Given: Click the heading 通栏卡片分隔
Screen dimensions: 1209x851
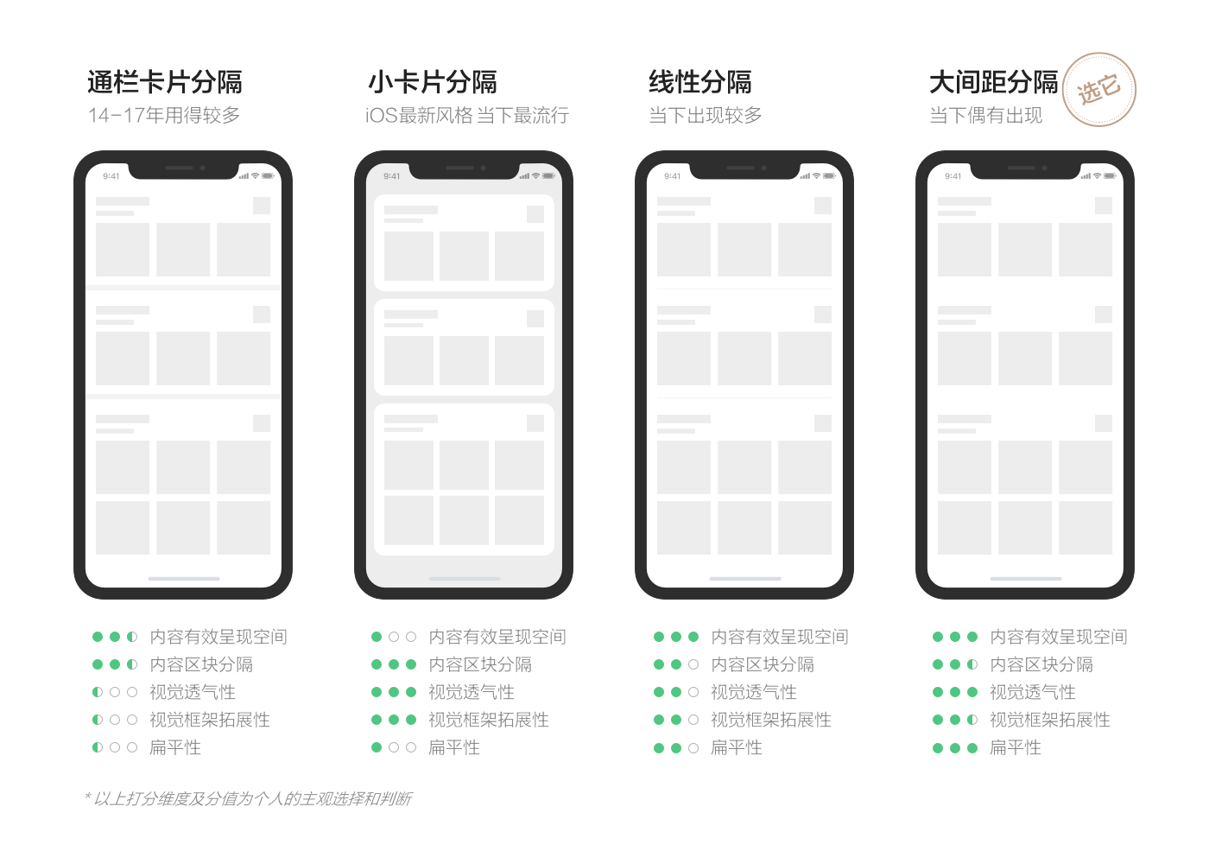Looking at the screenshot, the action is (x=165, y=82).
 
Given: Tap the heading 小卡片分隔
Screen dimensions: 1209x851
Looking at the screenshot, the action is (x=433, y=82).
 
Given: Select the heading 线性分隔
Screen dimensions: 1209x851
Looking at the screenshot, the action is (x=700, y=82).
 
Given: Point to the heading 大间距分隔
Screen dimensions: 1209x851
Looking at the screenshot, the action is (x=994, y=82).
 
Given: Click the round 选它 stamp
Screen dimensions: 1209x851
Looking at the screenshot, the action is (x=1098, y=90).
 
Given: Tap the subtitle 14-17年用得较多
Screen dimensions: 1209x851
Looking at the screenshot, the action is (x=164, y=115).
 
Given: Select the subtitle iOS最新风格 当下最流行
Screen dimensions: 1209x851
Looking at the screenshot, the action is (x=467, y=115).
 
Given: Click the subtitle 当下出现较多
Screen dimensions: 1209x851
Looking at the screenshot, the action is (x=705, y=115).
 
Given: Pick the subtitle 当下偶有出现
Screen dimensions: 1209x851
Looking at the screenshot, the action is (x=985, y=115).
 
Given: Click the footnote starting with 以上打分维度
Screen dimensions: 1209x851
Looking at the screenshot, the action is (x=249, y=798).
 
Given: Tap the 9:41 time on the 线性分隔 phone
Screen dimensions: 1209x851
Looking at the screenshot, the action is (x=672, y=176).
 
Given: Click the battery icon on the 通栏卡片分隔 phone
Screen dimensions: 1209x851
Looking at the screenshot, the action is (x=269, y=176).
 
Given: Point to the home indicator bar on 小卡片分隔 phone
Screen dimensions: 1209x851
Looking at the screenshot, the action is (x=465, y=579).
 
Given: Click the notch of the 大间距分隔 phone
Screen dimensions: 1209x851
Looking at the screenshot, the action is (x=1025, y=169).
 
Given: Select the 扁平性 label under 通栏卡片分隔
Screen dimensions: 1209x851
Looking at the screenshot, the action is (x=174, y=747).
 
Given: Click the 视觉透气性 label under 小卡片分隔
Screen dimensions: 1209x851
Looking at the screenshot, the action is (x=472, y=692).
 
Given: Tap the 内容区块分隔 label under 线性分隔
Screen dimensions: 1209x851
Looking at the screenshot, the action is (x=762, y=664).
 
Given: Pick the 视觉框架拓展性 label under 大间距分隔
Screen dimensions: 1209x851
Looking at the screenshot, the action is (x=1050, y=720).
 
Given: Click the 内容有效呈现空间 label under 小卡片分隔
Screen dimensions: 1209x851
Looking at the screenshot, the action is (x=497, y=637).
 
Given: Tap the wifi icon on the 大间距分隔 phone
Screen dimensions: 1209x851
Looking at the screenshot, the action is (x=1097, y=176).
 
